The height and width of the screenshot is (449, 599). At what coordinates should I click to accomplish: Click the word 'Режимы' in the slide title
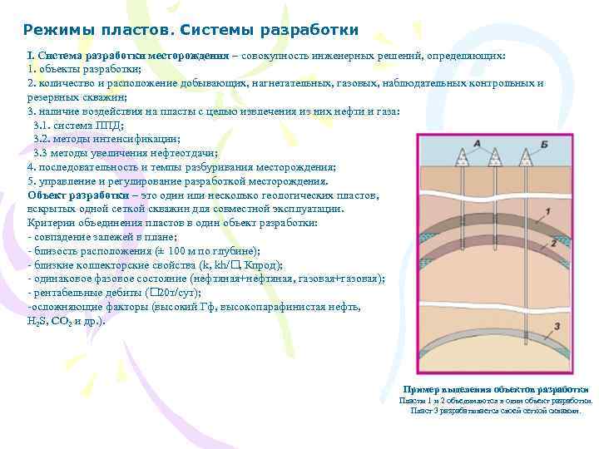[x=54, y=30]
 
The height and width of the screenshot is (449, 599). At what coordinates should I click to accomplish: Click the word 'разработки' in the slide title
[x=309, y=30]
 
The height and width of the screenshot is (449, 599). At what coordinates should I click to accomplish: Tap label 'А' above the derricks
[x=477, y=143]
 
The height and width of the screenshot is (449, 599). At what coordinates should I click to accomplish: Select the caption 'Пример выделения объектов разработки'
[x=496, y=389]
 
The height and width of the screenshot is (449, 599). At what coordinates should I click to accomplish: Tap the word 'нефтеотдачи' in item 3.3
[x=182, y=153]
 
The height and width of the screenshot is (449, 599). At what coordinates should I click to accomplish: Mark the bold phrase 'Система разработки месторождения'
[x=132, y=55]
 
